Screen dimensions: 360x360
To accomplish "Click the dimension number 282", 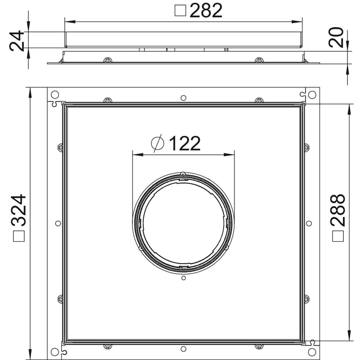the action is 206,10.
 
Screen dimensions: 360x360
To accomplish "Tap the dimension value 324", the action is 18,210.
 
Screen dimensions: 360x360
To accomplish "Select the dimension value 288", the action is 338,210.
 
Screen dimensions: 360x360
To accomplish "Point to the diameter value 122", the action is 184,143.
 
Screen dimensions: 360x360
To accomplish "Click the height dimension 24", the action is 17,41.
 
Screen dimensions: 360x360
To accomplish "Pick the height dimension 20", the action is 336,37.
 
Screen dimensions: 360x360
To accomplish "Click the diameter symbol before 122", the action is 158,143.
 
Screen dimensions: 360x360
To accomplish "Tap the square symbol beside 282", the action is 180,11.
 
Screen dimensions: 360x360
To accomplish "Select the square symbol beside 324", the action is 19,236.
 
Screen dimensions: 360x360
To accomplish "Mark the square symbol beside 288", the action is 338,236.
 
